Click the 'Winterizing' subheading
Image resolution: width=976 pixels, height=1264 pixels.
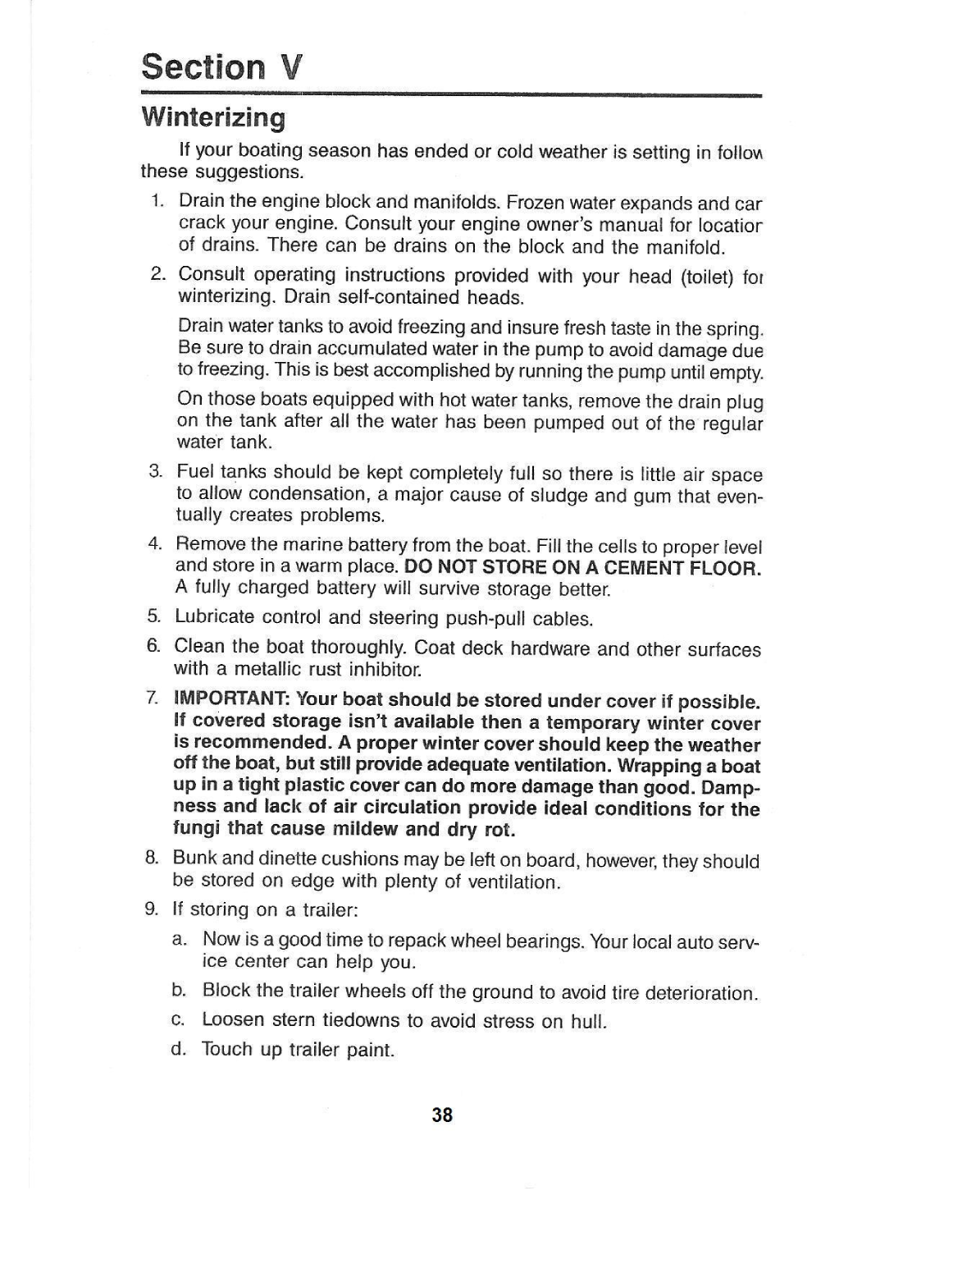tap(213, 117)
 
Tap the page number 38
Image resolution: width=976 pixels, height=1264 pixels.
tap(442, 1115)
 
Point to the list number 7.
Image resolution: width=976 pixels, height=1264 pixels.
tap(152, 699)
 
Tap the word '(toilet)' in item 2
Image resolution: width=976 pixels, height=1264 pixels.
tap(707, 277)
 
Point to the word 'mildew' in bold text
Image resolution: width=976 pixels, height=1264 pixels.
tap(367, 828)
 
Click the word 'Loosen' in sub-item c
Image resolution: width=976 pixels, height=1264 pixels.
tap(233, 1020)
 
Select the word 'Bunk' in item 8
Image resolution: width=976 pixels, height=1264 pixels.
tap(194, 859)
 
